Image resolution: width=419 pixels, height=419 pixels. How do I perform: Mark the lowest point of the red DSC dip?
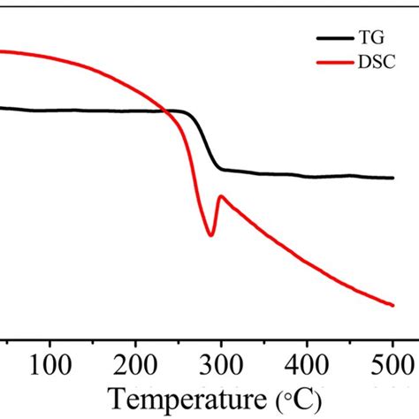coord(210,235)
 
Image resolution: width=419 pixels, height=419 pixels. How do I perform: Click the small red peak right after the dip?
coord(220,196)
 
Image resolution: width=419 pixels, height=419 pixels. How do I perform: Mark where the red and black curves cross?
coord(166,110)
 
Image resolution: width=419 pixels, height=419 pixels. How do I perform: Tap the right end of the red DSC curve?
coord(392,305)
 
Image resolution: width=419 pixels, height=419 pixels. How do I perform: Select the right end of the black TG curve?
coord(392,178)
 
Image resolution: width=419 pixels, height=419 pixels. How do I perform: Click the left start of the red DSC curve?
coord(2,51)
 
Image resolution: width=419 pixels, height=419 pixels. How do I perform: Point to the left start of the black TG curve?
coord(2,108)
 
